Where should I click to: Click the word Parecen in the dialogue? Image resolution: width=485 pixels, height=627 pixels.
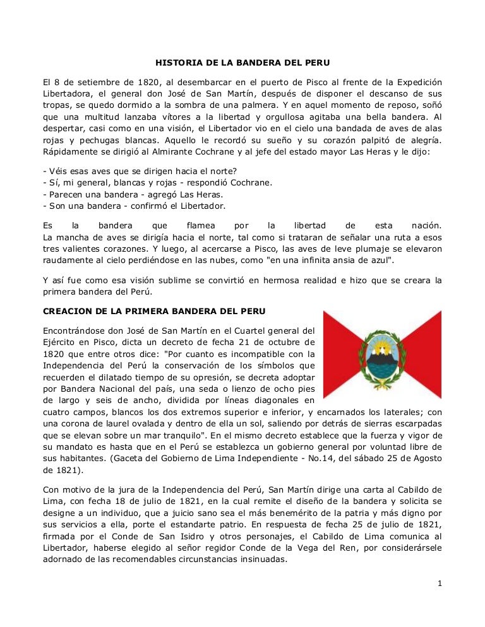(66, 194)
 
